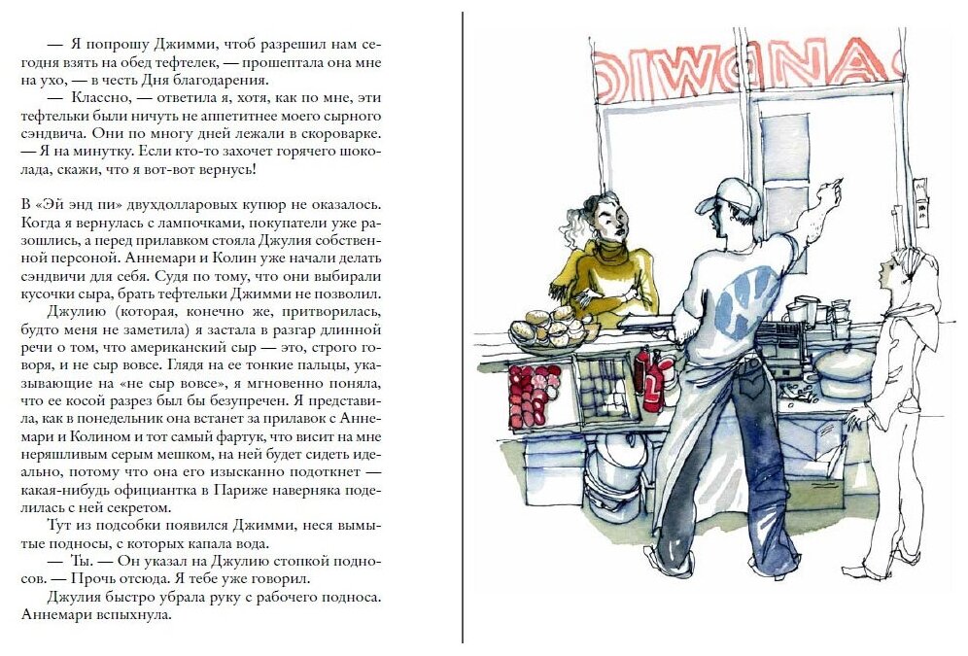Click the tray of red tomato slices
tap(534, 395)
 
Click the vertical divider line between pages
tap(463, 328)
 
